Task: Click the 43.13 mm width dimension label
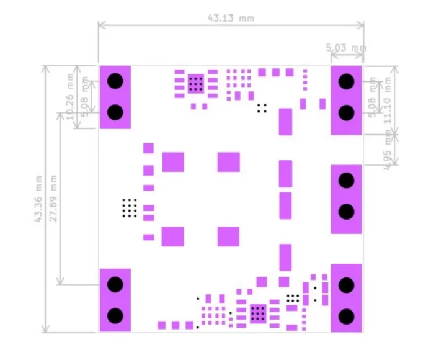tap(231, 18)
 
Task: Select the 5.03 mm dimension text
tap(346, 48)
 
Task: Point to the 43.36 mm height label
tap(38, 199)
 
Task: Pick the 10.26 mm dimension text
tap(69, 96)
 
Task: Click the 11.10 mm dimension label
tap(389, 99)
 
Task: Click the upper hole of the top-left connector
tap(115, 81)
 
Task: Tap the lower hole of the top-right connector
tap(346, 112)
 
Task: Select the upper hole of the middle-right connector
tap(346, 180)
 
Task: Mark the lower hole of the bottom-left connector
tap(115, 315)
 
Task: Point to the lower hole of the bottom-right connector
tap(346, 315)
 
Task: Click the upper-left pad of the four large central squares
tap(173, 162)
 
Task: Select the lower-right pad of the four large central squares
tap(228, 236)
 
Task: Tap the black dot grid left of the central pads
tap(129, 208)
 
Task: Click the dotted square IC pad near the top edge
tap(196, 84)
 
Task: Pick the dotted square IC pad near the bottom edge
tap(257, 313)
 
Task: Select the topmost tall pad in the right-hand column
tap(285, 122)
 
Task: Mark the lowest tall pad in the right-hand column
tap(285, 257)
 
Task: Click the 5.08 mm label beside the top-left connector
tap(85, 97)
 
